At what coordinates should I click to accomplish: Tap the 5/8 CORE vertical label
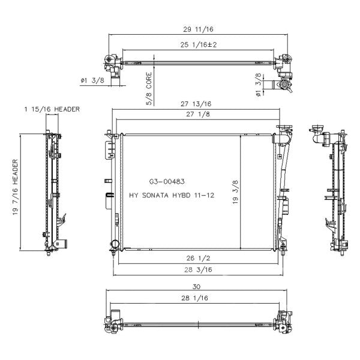coord(149,88)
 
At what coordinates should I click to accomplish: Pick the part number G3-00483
coord(167,181)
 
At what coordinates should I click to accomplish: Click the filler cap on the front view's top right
coord(283,128)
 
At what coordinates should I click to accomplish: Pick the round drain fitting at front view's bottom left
coord(113,244)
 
